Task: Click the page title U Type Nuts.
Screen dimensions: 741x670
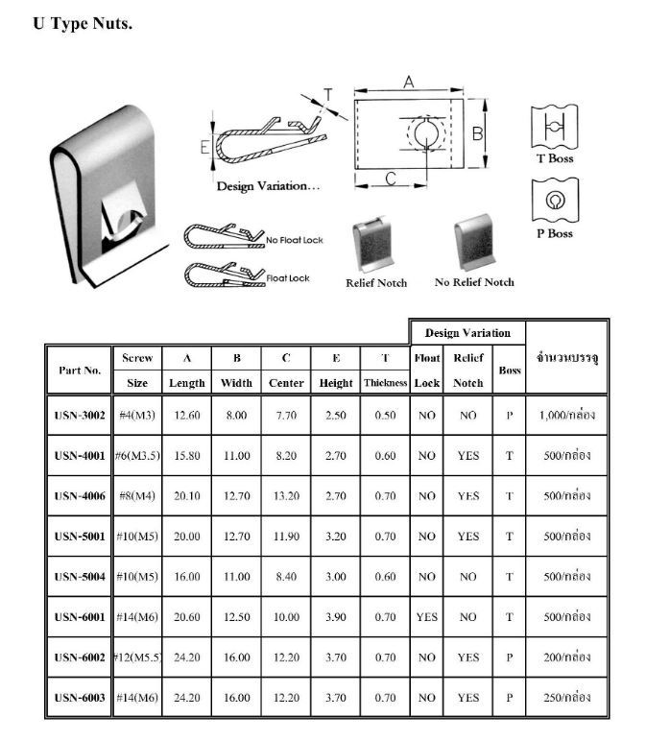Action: (83, 24)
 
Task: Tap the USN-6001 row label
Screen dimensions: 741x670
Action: (79, 617)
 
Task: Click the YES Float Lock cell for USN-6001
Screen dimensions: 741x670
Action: (426, 617)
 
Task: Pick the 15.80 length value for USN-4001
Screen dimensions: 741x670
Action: (187, 456)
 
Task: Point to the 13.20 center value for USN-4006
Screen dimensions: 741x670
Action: (286, 496)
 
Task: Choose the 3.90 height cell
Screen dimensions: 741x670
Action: (336, 617)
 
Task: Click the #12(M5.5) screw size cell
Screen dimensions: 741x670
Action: (136, 657)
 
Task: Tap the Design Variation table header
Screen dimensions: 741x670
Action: (467, 332)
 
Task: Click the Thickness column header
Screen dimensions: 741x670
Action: (385, 383)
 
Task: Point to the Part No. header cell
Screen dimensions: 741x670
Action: (79, 370)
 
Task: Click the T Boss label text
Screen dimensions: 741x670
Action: (554, 159)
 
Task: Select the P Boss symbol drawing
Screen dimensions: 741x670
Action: (554, 201)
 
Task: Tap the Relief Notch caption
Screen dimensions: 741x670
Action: (376, 283)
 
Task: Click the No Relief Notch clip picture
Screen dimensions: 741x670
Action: (473, 242)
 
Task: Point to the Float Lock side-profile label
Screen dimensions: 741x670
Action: (288, 278)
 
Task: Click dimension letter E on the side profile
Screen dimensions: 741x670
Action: (204, 147)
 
